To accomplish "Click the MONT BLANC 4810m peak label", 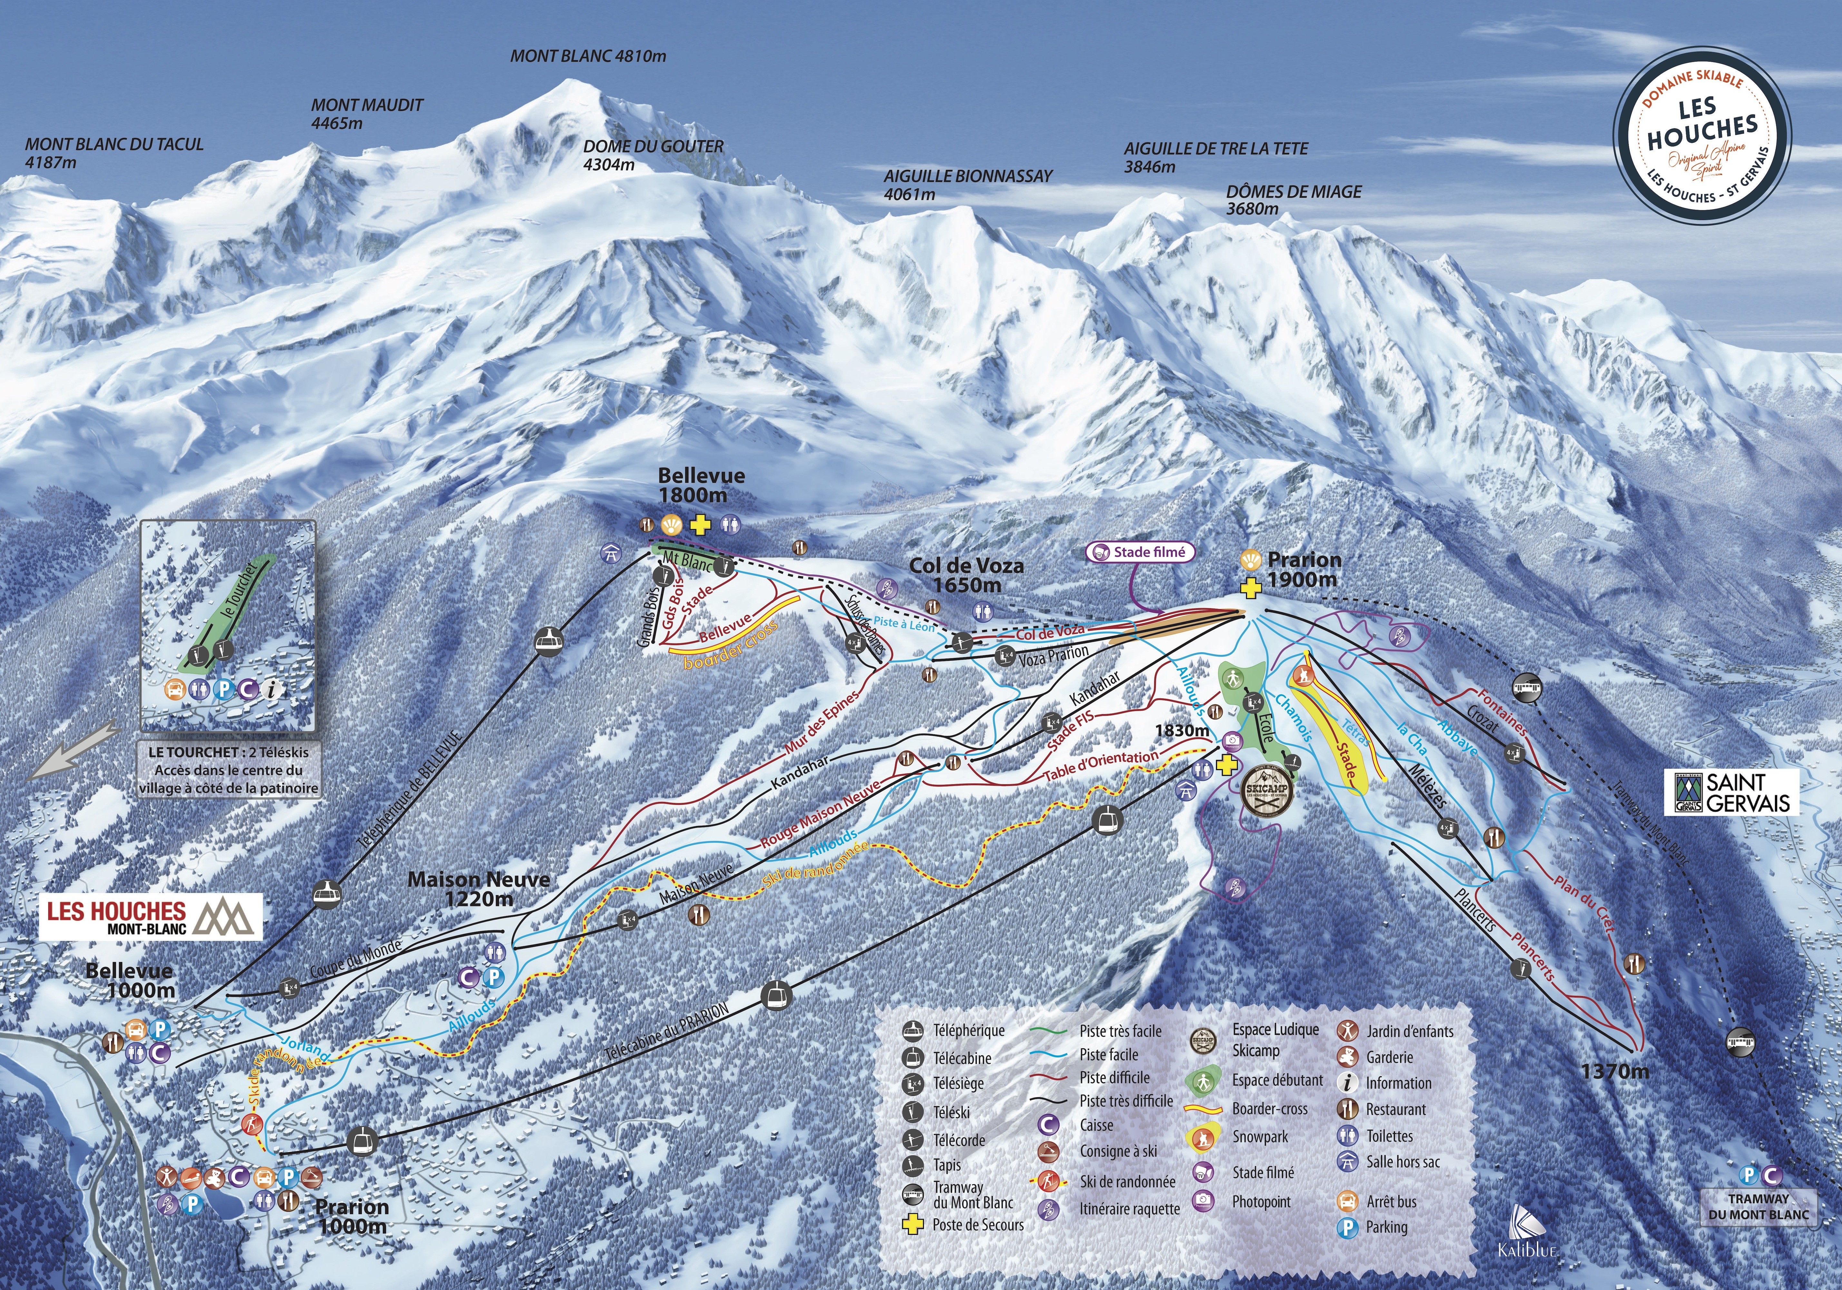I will coord(588,56).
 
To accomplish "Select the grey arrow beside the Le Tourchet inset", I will coord(74,750).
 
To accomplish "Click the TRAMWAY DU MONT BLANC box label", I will coord(1759,1206).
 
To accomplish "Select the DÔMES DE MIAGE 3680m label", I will coord(1293,200).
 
